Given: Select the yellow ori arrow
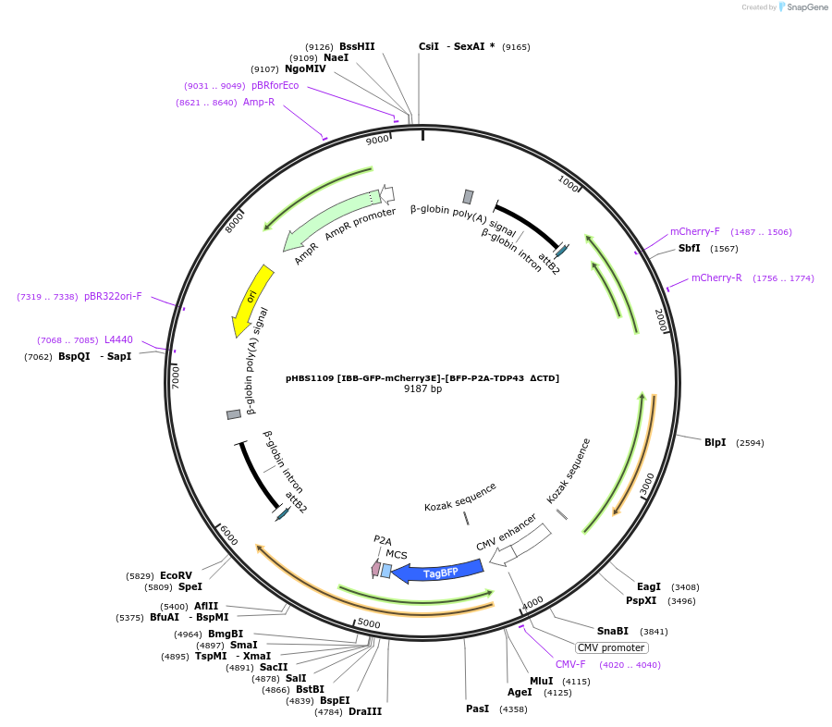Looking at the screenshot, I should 251,297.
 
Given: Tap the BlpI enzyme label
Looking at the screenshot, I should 715,443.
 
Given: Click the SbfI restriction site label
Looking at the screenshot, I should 689,249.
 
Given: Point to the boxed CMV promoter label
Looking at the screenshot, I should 611,647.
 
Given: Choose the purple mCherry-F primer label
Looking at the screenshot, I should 694,232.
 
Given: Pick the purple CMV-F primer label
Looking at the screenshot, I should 570,664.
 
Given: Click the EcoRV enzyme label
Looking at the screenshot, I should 176,575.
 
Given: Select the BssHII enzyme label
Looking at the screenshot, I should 357,46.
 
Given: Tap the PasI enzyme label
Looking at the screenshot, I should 477,709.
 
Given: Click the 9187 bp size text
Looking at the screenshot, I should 422,389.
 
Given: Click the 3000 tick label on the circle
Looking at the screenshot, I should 647,481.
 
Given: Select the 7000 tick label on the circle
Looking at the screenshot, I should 176,376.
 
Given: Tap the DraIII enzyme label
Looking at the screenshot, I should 365,711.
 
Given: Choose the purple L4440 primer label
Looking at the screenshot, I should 118,340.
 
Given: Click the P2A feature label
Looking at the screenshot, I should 383,540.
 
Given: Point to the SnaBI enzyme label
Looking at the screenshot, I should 612,631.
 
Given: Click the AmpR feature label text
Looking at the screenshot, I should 306,253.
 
